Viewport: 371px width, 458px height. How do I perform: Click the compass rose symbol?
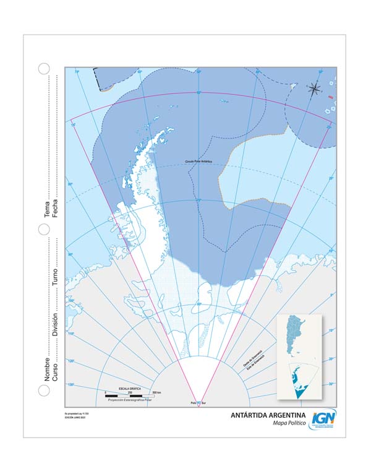click(315, 88)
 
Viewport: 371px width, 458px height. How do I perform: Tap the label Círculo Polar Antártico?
click(198, 162)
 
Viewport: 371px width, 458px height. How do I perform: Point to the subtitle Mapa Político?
click(289, 423)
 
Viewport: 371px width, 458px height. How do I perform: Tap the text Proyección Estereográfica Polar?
click(130, 400)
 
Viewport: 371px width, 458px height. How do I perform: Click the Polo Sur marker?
click(198, 402)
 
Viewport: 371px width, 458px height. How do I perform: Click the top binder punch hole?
click(44, 69)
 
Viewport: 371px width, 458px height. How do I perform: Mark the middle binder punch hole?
click(44, 230)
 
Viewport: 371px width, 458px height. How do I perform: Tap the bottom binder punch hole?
click(44, 391)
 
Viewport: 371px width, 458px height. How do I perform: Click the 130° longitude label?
click(71, 385)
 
